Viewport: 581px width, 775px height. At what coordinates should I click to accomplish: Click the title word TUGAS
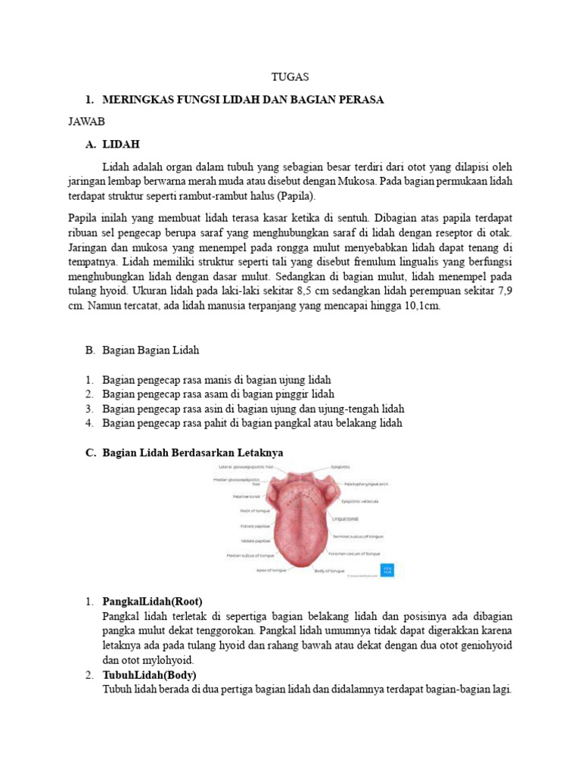(290, 77)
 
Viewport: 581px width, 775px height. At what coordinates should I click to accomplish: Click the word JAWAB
(85, 121)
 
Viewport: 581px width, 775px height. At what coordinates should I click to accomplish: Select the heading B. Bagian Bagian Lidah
(142, 350)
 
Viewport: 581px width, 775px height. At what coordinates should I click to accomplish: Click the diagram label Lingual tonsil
(345, 519)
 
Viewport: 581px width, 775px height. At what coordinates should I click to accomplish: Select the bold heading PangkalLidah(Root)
(153, 602)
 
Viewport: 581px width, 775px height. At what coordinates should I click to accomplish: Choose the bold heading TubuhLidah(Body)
(149, 674)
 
